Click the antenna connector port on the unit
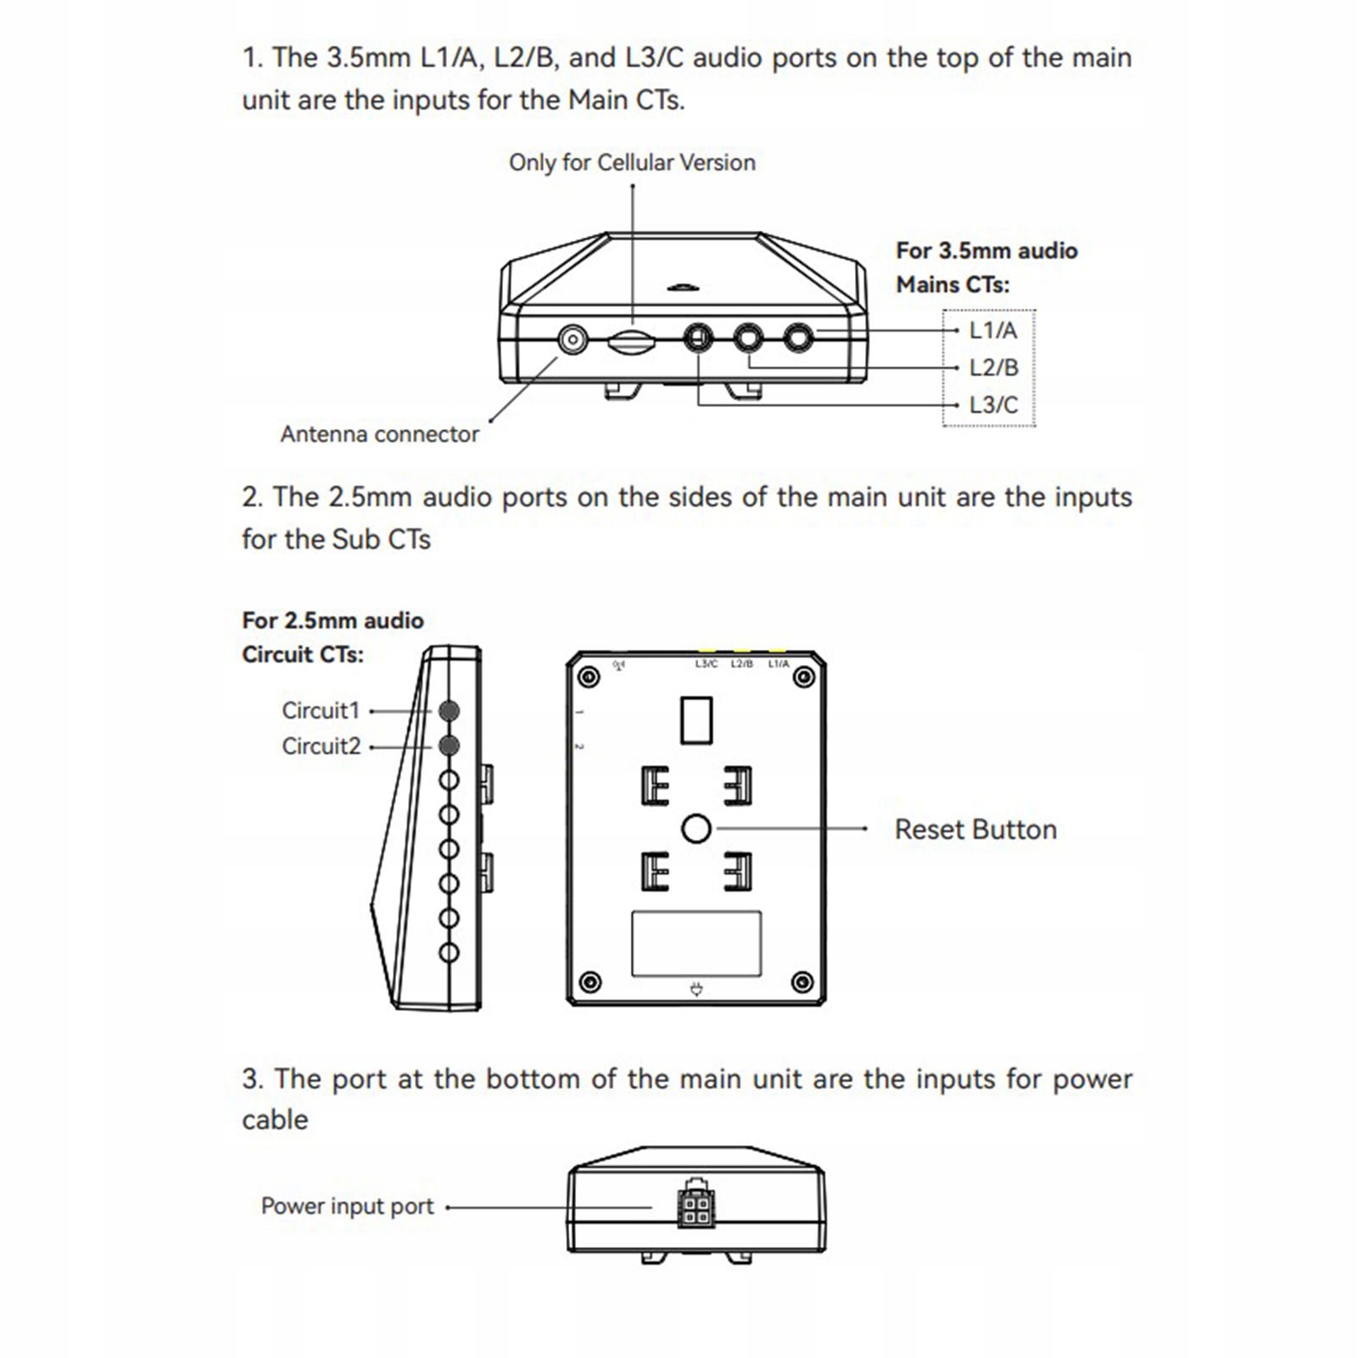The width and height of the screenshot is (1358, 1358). click(x=573, y=341)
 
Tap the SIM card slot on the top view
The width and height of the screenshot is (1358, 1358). click(x=631, y=342)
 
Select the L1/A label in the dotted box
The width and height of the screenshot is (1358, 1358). click(x=992, y=330)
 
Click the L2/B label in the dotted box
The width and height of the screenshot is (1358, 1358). click(x=993, y=367)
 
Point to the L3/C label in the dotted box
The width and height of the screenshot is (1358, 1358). click(x=993, y=405)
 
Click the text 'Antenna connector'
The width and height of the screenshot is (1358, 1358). click(x=379, y=434)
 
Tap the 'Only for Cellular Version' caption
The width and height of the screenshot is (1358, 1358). click(x=632, y=163)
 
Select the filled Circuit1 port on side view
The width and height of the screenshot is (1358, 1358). click(x=450, y=711)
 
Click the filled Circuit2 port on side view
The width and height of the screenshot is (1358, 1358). click(x=450, y=746)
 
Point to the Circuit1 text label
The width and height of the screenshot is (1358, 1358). click(x=321, y=711)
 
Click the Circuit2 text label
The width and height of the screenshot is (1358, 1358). click(x=321, y=746)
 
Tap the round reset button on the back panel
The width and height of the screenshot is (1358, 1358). click(x=696, y=829)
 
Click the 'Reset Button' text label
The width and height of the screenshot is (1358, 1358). click(x=975, y=830)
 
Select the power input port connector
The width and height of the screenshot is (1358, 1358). click(x=696, y=1208)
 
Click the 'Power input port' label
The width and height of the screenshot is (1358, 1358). click(x=347, y=1206)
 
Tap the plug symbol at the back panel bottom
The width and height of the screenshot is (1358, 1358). click(x=696, y=988)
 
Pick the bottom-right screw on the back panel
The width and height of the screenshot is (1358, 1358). click(x=802, y=982)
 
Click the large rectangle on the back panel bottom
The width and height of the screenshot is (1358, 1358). click(x=696, y=943)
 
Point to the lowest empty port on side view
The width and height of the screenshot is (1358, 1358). click(x=450, y=953)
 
